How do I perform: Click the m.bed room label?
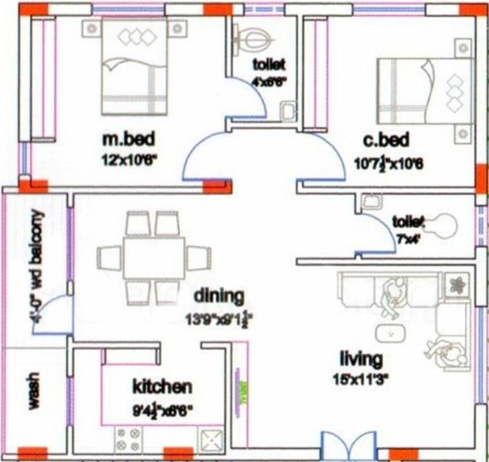pyautogui.click(x=129, y=140)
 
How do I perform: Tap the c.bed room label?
pyautogui.click(x=386, y=140)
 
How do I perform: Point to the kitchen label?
pyautogui.click(x=163, y=386)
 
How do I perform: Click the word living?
pyautogui.click(x=361, y=359)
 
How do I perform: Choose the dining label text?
pyautogui.click(x=219, y=296)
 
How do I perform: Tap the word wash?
pyautogui.click(x=33, y=392)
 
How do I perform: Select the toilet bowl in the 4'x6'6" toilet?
pyautogui.click(x=254, y=40)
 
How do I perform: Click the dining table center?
pyautogui.click(x=154, y=257)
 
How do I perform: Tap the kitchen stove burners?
pyautogui.click(x=128, y=440)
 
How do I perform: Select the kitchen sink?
pyautogui.click(x=211, y=440)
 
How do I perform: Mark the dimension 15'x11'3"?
pyautogui.click(x=361, y=378)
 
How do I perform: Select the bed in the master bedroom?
pyautogui.click(x=134, y=66)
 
